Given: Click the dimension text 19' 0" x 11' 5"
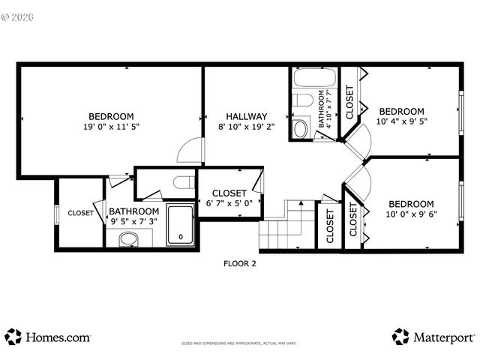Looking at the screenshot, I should (x=111, y=127).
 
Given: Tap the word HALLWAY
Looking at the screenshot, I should (x=247, y=116).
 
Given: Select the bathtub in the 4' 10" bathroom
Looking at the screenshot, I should (x=313, y=79).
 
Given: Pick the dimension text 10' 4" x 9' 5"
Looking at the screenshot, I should (x=401, y=121).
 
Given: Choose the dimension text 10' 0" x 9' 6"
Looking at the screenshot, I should (x=410, y=214).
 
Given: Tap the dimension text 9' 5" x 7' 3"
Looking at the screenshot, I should (x=134, y=222).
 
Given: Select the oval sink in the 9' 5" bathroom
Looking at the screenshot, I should (x=129, y=240).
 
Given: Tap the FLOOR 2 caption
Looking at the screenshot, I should (x=240, y=263).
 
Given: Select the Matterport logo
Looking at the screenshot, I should (x=433, y=337).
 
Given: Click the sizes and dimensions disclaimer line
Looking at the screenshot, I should (x=239, y=343).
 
